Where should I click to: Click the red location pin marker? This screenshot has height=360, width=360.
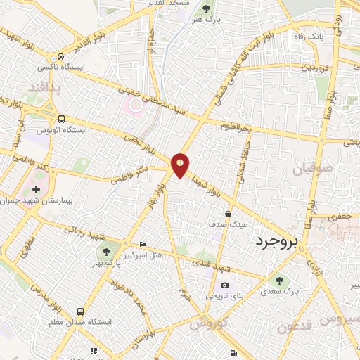181,165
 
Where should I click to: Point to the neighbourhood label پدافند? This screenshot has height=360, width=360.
46,86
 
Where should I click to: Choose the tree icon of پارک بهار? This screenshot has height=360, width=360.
106,251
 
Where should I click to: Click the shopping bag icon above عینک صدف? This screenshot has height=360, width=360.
229,213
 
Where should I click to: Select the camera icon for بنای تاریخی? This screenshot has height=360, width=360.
224,285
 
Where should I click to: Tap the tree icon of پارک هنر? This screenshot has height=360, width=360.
206,9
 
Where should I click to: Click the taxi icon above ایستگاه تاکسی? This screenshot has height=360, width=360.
62,56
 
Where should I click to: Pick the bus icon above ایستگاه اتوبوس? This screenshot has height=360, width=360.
62,119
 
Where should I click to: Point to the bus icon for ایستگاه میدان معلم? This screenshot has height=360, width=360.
81,310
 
